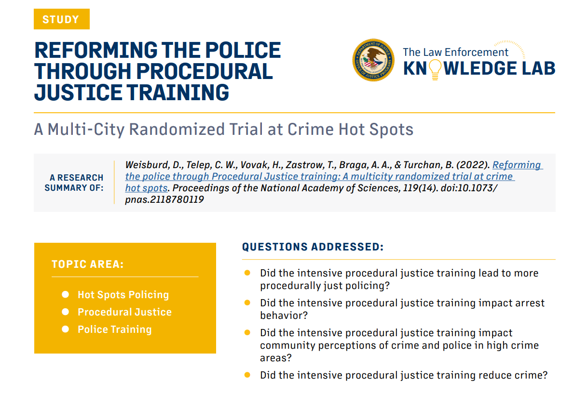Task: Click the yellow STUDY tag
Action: [61, 19]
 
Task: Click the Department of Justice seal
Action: [373, 60]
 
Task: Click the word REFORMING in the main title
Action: [96, 51]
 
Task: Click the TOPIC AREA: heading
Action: [87, 264]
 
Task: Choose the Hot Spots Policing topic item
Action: [123, 295]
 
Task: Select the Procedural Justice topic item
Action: [124, 312]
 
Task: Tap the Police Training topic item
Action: [114, 329]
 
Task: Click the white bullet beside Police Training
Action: [66, 329]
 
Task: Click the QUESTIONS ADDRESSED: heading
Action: [313, 247]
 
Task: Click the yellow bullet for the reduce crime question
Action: [247, 375]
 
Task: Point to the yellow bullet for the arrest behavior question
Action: [247, 303]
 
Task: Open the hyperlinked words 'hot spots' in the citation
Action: [146, 188]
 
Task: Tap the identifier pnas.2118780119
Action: [164, 199]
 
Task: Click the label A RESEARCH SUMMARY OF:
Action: [76, 183]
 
